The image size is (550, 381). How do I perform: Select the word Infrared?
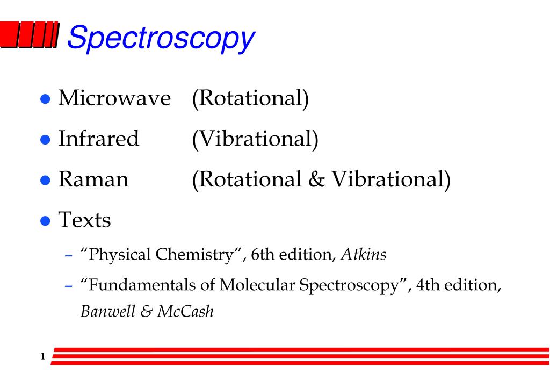point(98,139)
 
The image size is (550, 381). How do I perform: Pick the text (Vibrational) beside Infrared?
point(255,139)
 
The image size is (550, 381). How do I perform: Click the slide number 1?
point(42,356)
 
